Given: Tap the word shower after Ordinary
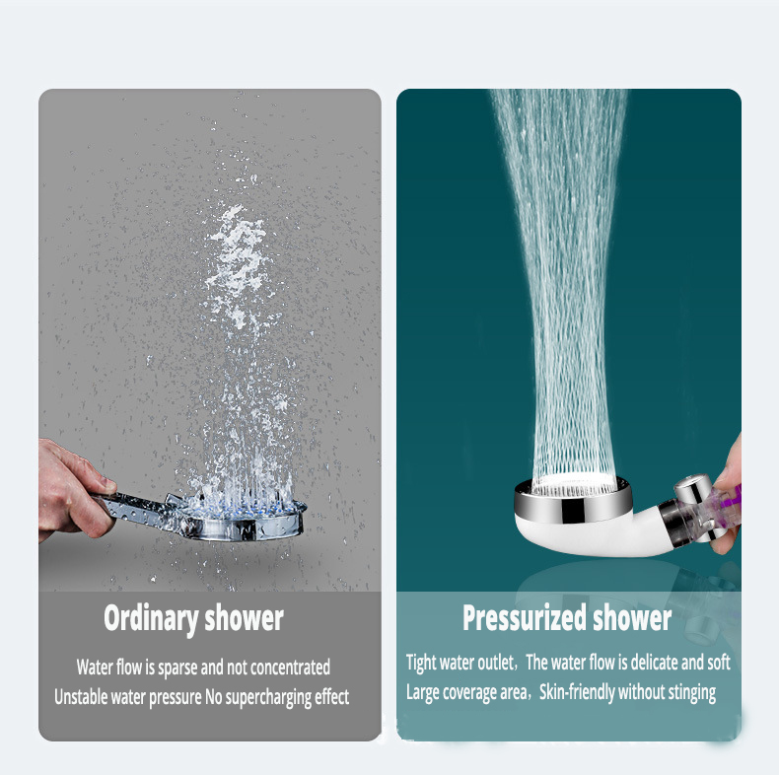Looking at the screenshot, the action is (244, 617).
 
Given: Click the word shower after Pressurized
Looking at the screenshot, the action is (631, 617).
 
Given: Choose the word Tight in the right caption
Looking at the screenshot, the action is (421, 664).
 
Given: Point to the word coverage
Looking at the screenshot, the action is (470, 693).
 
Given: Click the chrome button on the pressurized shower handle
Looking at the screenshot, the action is (692, 488).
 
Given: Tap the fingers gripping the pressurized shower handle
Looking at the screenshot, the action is (728, 497).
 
